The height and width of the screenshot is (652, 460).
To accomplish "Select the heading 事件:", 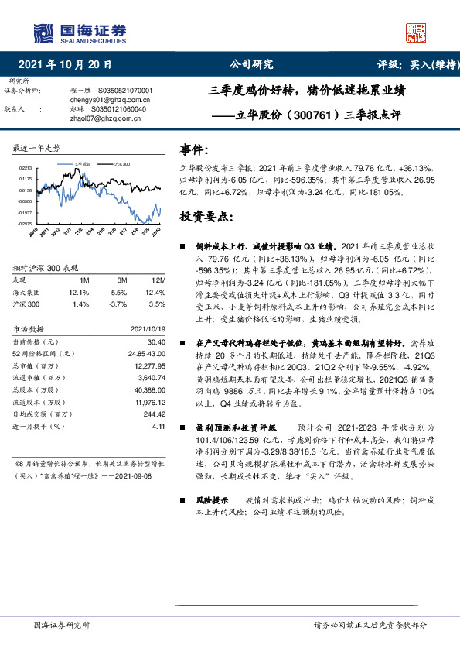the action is click(193, 149).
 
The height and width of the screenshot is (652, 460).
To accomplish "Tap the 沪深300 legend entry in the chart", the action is click(121, 165).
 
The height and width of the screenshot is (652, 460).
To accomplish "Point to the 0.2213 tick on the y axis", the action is click(26, 168).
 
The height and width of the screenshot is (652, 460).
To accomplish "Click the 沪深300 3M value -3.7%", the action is click(118, 306).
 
